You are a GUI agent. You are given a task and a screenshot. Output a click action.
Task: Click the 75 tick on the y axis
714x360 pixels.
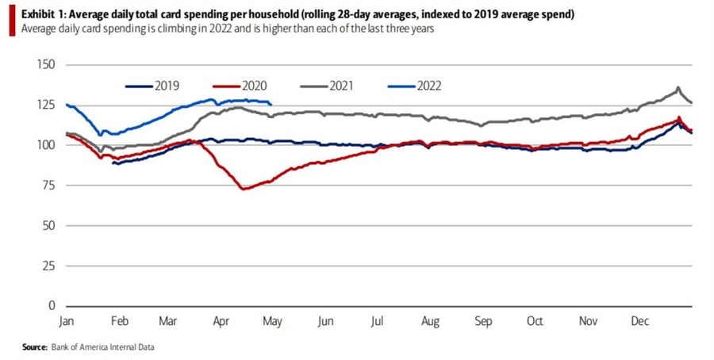[48, 186]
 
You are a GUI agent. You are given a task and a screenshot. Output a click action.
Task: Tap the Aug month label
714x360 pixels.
[430, 321]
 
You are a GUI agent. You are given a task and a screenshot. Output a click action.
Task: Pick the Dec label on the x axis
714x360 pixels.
[639, 321]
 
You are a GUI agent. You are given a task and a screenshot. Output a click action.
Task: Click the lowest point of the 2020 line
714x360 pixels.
[243, 189]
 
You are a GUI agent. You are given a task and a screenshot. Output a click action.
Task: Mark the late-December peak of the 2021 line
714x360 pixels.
[678, 87]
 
